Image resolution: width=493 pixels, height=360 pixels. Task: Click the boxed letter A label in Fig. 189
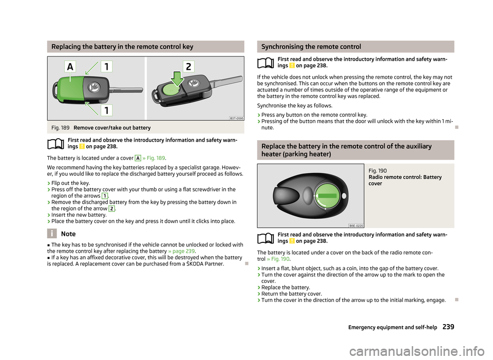pos(70,67)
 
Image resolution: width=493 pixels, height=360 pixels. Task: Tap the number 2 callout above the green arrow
pos(188,67)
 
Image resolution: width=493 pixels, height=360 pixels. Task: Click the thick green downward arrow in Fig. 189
pos(177,79)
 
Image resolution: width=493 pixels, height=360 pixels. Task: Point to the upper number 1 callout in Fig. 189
pos(107,67)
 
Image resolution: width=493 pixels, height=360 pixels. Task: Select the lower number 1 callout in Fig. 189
pos(107,110)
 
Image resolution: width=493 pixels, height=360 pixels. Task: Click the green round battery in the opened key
pos(172,89)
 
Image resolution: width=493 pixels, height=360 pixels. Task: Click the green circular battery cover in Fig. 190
pos(328,196)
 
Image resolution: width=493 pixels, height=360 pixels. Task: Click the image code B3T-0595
pos(236,118)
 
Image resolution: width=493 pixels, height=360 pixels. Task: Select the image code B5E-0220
pos(356,225)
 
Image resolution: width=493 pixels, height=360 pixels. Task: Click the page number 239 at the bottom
pos(448,327)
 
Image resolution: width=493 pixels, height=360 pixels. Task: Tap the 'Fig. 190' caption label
pos(377,170)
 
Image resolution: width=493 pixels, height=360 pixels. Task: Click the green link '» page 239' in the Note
pos(181,251)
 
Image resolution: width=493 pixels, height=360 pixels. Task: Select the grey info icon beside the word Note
pos(52,234)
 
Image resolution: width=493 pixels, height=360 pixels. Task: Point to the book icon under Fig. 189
pos(56,144)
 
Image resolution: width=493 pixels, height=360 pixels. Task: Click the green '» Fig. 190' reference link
pos(278,259)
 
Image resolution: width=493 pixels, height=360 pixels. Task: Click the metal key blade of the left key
pos(126,90)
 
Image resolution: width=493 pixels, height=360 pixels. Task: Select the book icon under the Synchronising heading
pos(266,63)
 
